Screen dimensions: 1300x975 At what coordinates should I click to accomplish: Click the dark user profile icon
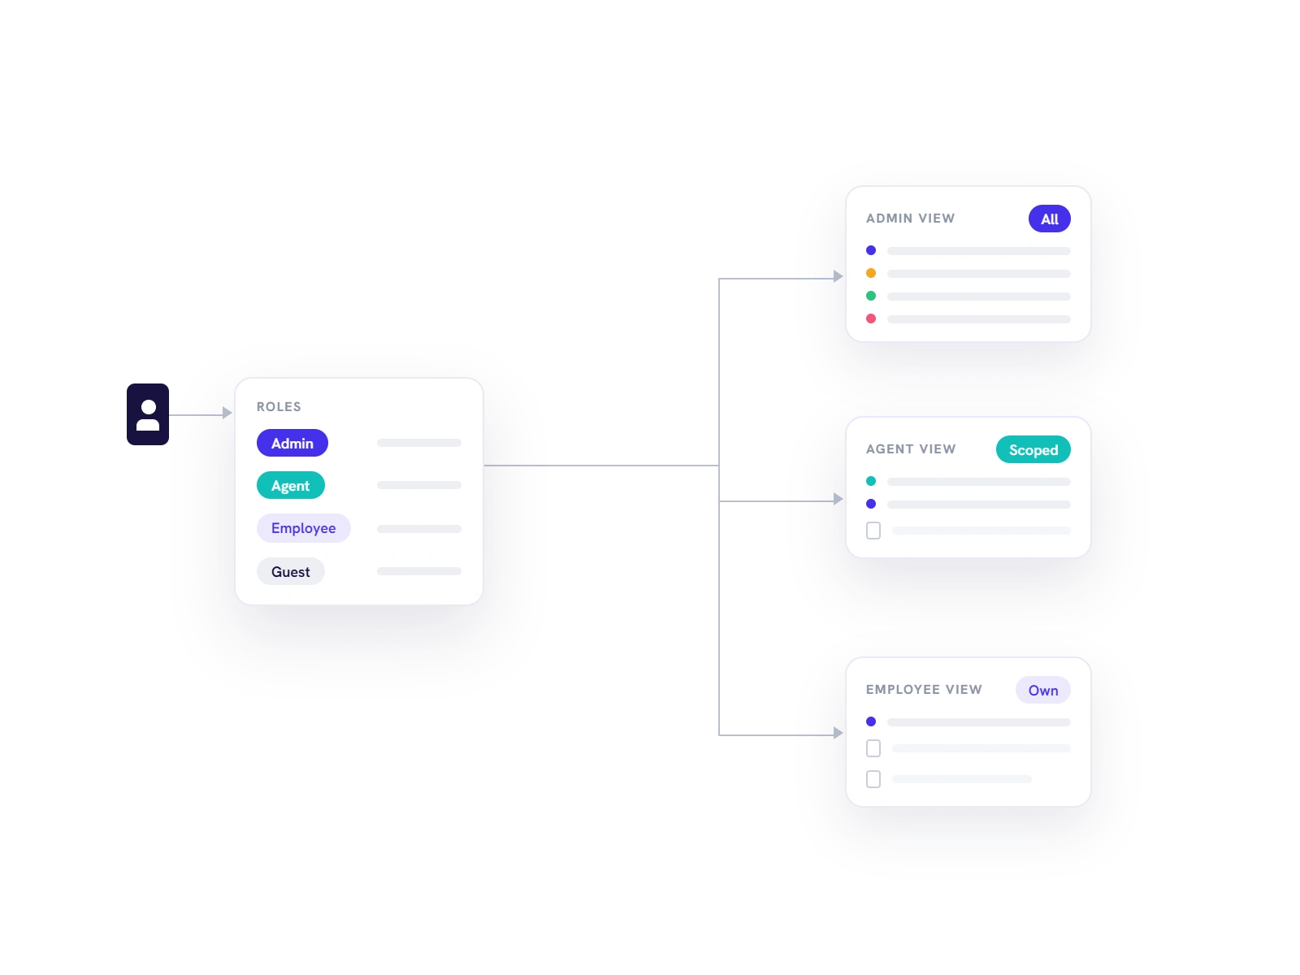[x=148, y=414]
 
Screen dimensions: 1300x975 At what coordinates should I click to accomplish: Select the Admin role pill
[x=292, y=443]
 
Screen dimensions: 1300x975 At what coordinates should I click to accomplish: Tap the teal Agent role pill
[x=290, y=485]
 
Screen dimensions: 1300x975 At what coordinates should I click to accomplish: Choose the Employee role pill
[x=303, y=528]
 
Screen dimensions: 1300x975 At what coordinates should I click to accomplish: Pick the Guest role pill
[x=290, y=571]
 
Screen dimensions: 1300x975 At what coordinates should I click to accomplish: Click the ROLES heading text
[x=279, y=407]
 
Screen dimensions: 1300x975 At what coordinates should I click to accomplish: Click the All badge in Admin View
[x=1049, y=219]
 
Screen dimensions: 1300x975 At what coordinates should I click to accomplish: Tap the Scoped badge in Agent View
[x=1033, y=450]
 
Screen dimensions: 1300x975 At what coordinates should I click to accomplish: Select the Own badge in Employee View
[x=1042, y=691]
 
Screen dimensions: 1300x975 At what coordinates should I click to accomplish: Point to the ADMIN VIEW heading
[x=910, y=219]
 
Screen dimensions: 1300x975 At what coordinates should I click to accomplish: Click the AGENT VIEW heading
[x=910, y=449]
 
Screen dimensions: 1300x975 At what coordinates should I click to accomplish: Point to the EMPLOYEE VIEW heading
[x=923, y=690]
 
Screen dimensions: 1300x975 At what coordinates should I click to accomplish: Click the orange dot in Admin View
[x=871, y=273]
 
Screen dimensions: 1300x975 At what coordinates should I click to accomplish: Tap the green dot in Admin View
[x=871, y=296]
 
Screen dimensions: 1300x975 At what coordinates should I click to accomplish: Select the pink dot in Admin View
[x=871, y=318]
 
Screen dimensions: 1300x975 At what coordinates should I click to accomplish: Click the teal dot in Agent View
[x=871, y=481]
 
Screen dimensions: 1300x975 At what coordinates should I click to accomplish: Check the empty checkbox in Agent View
[x=873, y=531]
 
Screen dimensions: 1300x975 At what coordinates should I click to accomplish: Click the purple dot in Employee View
[x=871, y=721]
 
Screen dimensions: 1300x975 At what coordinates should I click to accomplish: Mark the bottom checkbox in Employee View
[x=873, y=779]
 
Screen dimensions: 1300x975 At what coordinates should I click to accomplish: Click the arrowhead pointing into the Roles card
[x=227, y=413]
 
